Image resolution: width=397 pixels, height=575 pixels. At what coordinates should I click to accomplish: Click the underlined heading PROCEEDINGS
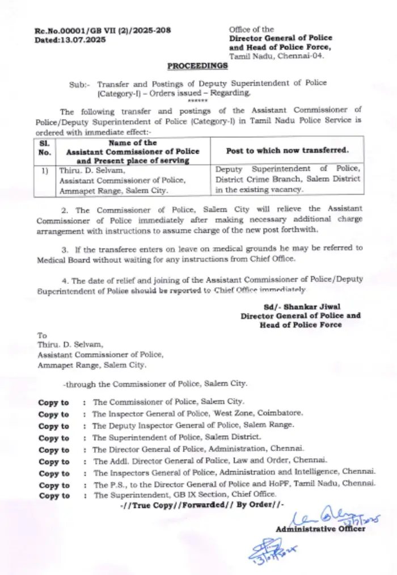197,66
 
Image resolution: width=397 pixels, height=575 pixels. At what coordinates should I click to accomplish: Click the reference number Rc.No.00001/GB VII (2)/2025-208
103,30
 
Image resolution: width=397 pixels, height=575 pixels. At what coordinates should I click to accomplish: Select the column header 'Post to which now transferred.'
288,150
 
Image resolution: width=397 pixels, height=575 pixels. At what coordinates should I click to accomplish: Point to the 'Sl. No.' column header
45,148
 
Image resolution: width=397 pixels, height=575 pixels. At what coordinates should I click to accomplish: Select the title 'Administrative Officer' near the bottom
320,529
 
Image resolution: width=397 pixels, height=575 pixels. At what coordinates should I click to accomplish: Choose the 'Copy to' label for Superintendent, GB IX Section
54,496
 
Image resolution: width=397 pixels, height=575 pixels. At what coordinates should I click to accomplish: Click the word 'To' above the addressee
42,335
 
